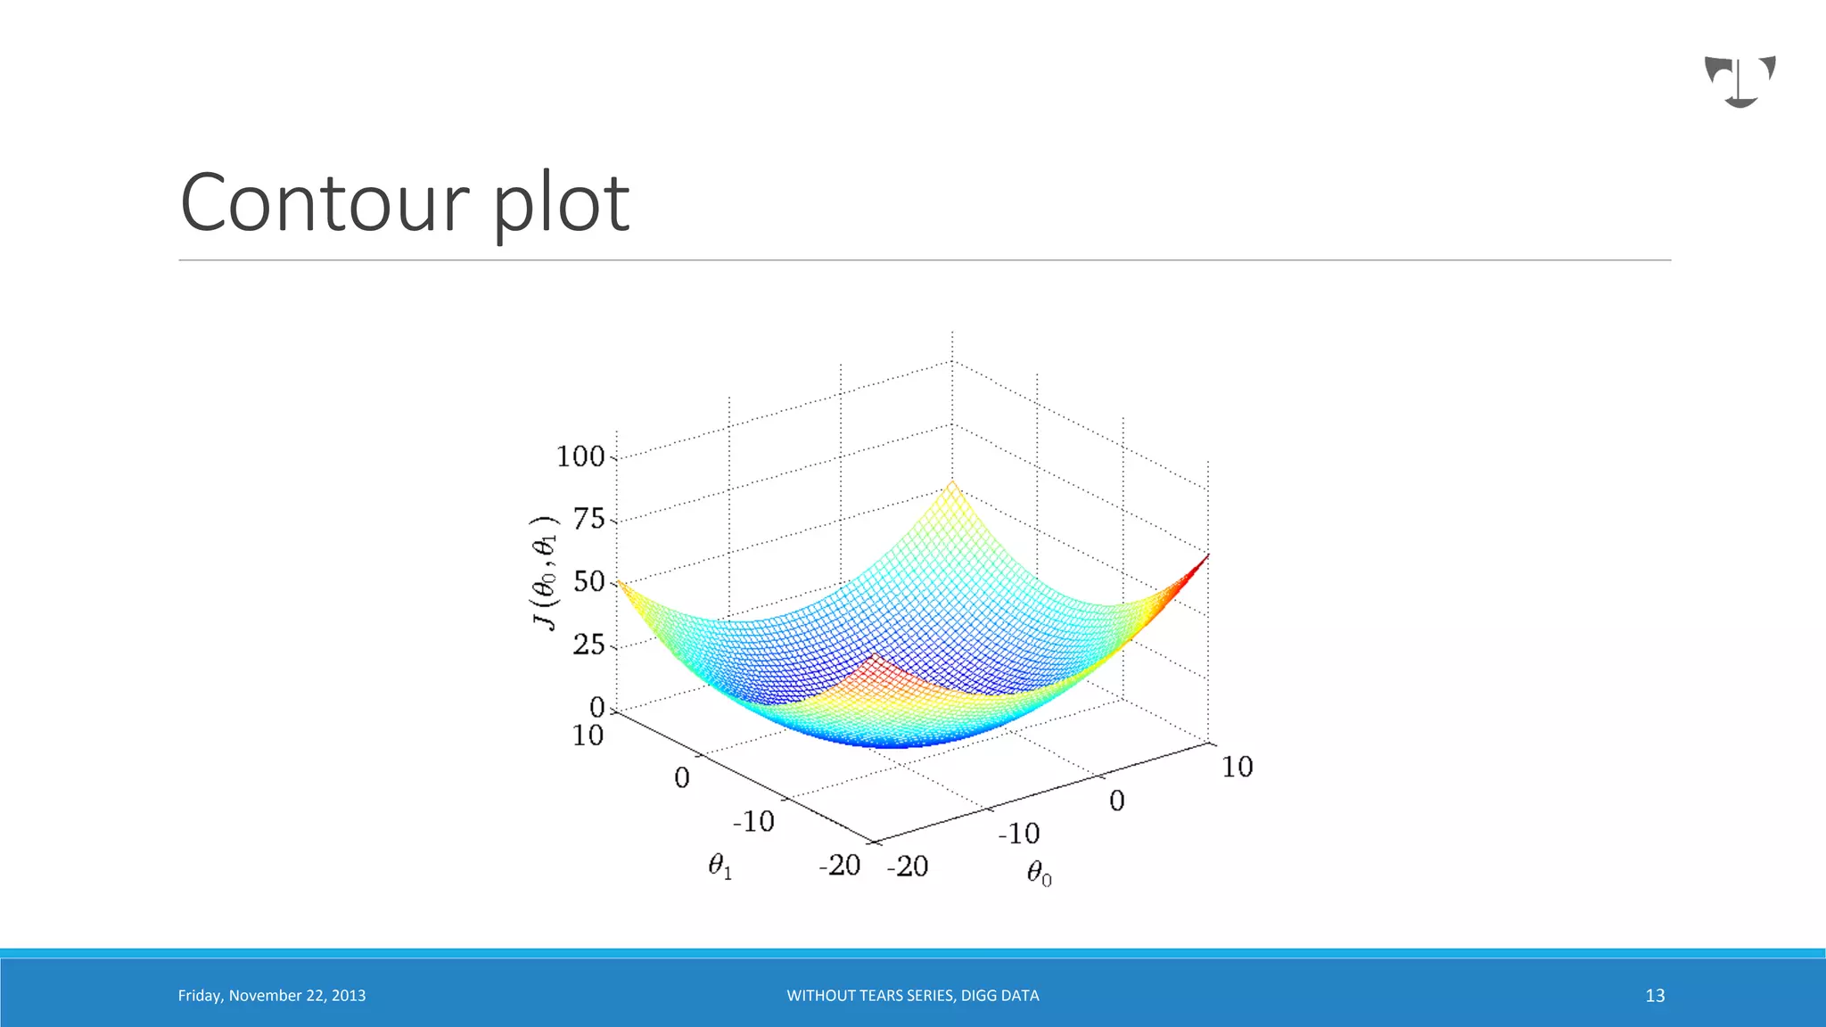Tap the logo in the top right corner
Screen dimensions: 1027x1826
[1740, 81]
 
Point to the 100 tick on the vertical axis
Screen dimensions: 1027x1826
[580, 456]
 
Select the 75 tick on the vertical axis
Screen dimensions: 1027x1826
[589, 519]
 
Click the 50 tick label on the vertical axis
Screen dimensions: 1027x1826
[589, 582]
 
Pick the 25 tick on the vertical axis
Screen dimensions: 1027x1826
[589, 645]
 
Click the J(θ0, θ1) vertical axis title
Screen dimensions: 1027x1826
[545, 573]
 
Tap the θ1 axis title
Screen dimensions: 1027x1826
[720, 866]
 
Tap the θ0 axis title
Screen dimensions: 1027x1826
[1039, 873]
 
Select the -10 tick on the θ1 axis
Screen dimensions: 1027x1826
[753, 821]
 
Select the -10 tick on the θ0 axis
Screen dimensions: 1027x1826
[1018, 834]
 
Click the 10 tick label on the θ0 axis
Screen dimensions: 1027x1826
[1237, 767]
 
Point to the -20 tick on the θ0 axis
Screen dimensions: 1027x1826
[908, 866]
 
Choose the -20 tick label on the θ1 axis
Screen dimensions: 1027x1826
[839, 865]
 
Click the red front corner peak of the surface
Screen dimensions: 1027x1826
[874, 658]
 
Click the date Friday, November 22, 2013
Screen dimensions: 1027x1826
[272, 996]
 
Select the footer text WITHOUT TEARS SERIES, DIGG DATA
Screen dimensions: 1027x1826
[912, 996]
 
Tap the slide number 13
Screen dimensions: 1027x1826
[1655, 996]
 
